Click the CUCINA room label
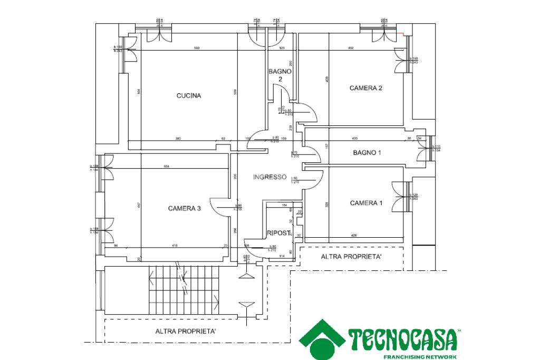pos(188,96)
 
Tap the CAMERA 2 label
pos(366,88)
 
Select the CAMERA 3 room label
pos(184,208)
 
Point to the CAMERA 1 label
pos(366,203)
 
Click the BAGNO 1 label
pos(367,153)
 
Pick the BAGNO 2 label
pos(280,75)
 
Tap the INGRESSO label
pos(269,177)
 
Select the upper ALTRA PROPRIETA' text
pos(351,257)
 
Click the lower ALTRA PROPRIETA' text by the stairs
pos(186,332)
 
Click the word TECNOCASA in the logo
pos(402,340)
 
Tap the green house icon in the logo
pos(323,340)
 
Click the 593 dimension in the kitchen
pos(196,48)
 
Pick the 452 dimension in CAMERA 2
pos(350,48)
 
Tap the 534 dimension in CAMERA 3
pos(166,167)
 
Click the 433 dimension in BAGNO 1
pos(355,139)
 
